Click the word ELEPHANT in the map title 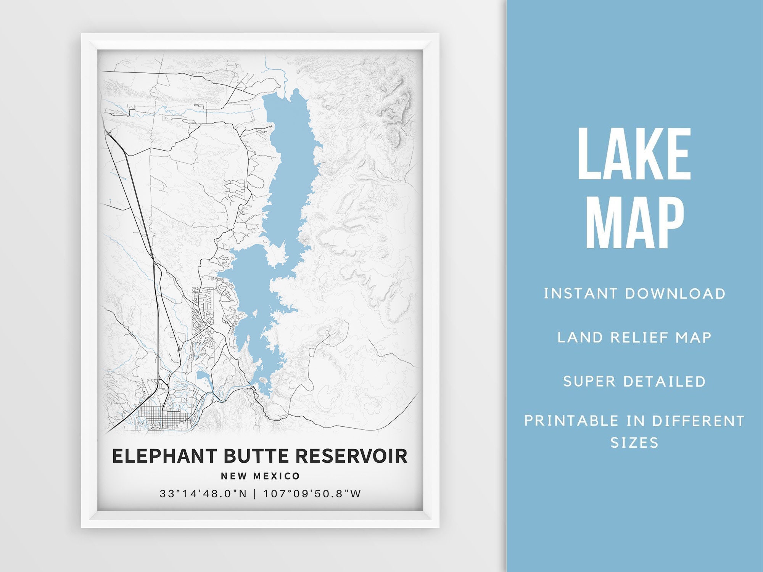coord(164,456)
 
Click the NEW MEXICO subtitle coord(261,476)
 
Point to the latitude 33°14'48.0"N coord(203,494)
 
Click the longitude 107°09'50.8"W coord(312,494)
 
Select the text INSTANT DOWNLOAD coord(634,294)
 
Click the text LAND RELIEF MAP coord(634,337)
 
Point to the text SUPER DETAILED coord(634,381)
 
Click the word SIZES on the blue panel coord(634,443)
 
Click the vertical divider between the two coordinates coord(255,494)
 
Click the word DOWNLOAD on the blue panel coord(675,294)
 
